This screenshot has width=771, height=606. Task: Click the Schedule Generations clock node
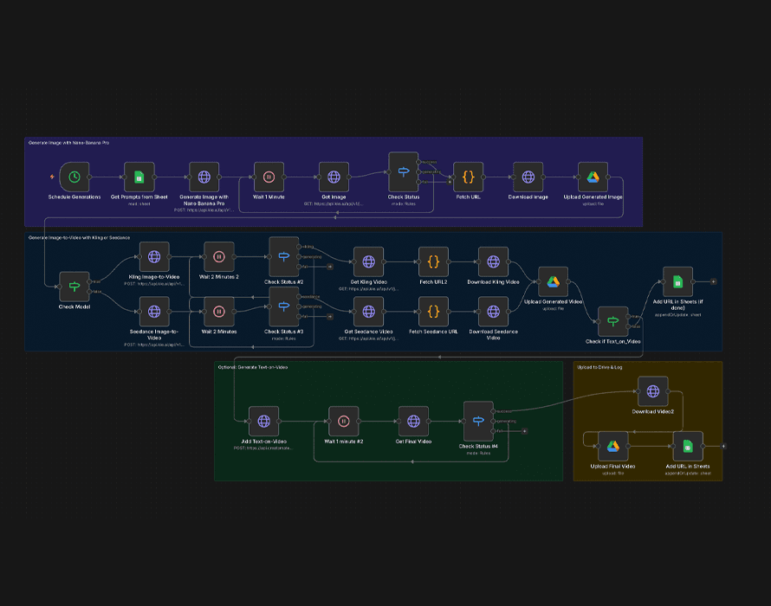(75, 177)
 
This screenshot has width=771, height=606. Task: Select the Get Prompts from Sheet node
(139, 177)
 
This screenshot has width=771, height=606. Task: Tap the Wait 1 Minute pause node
(269, 177)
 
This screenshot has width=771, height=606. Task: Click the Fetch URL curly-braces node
(468, 177)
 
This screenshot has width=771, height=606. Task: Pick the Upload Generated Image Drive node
(593, 177)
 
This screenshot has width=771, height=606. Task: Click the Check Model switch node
(75, 286)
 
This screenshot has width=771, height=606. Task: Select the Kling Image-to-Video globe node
(154, 256)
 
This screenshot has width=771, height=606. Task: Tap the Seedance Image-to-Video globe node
(154, 311)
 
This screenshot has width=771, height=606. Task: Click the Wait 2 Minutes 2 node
(219, 256)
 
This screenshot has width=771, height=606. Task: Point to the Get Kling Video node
(368, 261)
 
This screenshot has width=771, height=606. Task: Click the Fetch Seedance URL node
(434, 311)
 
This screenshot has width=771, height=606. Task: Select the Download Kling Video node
(493, 261)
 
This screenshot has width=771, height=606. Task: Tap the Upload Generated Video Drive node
(553, 280)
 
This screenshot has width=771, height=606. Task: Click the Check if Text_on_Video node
(612, 320)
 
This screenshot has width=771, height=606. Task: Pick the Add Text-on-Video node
(263, 421)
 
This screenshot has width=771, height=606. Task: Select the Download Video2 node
(652, 391)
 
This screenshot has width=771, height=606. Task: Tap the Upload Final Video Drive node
(612, 446)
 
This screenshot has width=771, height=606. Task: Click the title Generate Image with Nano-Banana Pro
(69, 142)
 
